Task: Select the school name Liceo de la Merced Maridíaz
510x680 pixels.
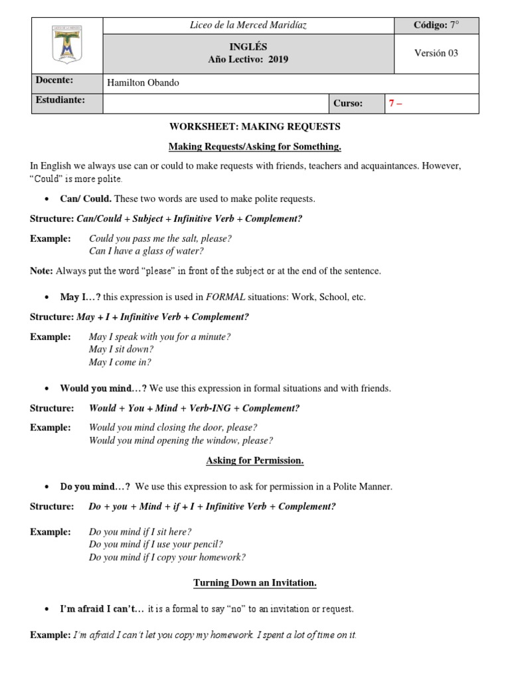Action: (x=248, y=25)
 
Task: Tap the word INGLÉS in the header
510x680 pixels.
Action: (x=248, y=47)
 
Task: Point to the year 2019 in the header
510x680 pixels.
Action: (x=279, y=59)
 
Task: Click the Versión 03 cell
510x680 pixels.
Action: (x=436, y=53)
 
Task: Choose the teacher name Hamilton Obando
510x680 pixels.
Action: (x=143, y=83)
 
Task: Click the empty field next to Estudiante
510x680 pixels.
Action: (x=215, y=103)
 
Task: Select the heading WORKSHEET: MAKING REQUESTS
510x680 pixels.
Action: (x=255, y=126)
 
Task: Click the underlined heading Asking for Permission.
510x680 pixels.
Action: (x=255, y=460)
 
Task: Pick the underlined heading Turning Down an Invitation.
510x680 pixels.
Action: (x=255, y=583)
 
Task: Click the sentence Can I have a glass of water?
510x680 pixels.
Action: (x=146, y=251)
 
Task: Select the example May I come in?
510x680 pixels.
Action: (x=120, y=363)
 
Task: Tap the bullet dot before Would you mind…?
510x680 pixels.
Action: (x=46, y=389)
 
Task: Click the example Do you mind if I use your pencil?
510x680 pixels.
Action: (x=156, y=545)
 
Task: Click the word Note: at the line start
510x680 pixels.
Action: (x=41, y=271)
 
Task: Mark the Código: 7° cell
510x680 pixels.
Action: (x=436, y=25)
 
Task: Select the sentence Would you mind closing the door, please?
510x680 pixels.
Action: (x=173, y=428)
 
